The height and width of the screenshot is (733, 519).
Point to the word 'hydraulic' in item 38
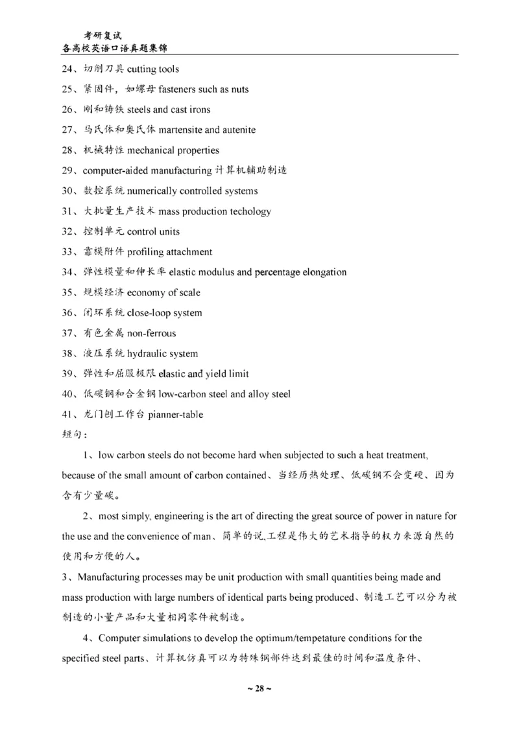[x=148, y=354]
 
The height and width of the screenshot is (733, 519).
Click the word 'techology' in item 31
[x=250, y=212]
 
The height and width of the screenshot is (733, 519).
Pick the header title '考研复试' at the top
[x=103, y=35]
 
